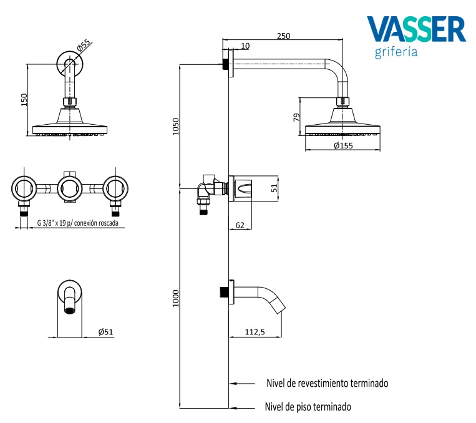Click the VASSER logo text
tap(416, 29)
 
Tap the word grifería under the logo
tap(396, 52)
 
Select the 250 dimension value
tap(283, 36)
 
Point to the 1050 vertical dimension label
tap(176, 126)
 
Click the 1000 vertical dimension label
tap(176, 298)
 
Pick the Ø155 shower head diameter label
tap(343, 146)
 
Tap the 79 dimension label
tap(296, 117)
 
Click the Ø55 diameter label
tap(84, 45)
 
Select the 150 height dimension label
tap(24, 100)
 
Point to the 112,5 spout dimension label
tap(255, 332)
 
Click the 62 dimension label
tap(240, 225)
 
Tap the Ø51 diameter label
tap(105, 332)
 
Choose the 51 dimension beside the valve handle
tap(274, 188)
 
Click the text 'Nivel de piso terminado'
tap(308, 407)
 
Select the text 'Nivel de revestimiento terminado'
tap(328, 383)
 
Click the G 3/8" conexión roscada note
tap(78, 223)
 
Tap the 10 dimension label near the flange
tap(245, 46)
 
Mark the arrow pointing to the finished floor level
tap(241, 408)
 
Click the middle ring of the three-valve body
tap(70, 188)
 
